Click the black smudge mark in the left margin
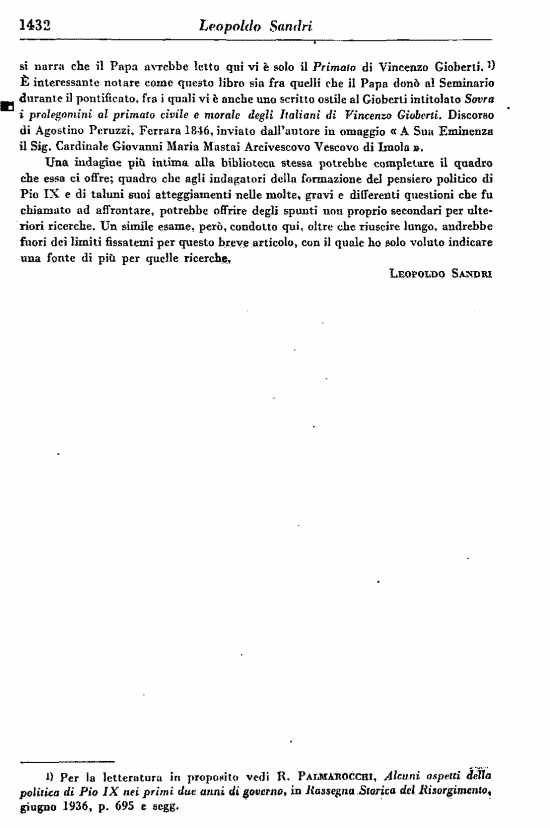7,104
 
